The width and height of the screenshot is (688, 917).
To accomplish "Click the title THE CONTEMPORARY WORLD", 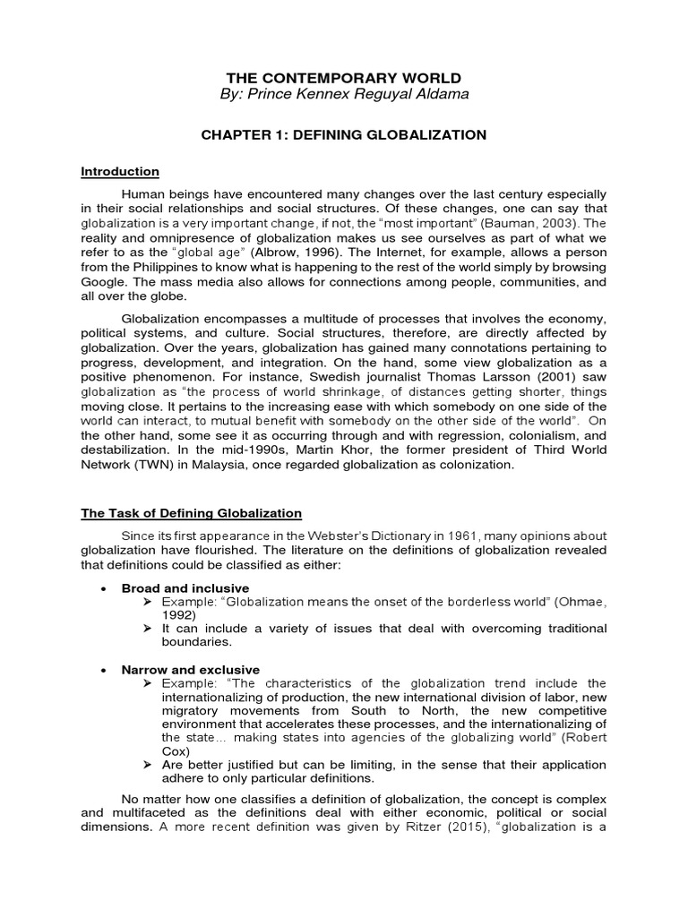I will pos(344,78).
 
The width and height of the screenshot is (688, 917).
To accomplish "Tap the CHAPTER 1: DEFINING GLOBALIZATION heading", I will pos(344,135).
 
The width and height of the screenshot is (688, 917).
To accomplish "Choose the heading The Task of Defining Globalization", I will pos(192,513).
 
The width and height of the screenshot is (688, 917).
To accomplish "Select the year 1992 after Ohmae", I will pos(177,616).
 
